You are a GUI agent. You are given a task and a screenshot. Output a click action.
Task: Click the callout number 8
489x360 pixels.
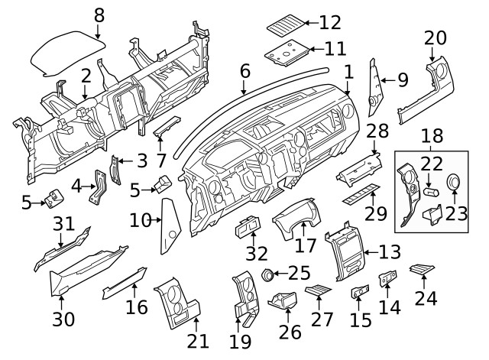coord(99,15)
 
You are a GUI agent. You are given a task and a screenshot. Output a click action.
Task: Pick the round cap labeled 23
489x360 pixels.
coord(454,183)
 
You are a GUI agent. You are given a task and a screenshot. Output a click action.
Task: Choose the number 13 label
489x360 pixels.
coord(389,251)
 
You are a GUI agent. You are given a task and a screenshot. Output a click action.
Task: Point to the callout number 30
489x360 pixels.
coord(64,318)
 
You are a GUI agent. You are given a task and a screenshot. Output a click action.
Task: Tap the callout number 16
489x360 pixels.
coord(137,308)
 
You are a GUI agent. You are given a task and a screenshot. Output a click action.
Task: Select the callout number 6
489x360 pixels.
coord(244,71)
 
